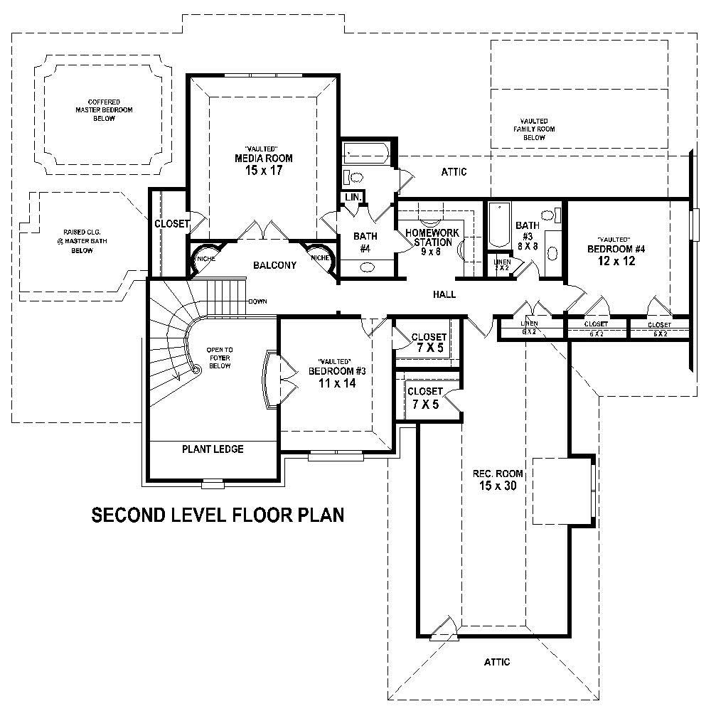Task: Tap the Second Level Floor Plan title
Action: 218,515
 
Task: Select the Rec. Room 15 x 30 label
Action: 498,480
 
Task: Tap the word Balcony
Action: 274,266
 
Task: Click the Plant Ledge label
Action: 213,449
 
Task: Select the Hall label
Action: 444,294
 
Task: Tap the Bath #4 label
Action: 365,242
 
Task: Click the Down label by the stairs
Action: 257,301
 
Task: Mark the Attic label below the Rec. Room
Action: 497,662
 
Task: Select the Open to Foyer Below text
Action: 219,358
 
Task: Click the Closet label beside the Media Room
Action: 171,224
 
